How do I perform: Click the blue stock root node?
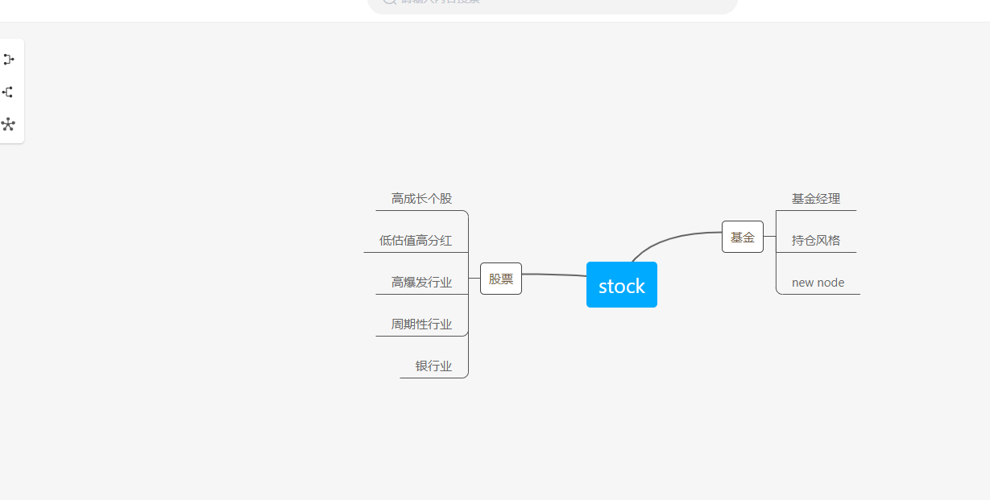click(x=621, y=285)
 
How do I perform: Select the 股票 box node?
click(x=500, y=279)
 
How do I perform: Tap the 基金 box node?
click(x=742, y=237)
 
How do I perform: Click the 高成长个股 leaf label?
click(x=421, y=199)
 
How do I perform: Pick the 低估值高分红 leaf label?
click(x=415, y=241)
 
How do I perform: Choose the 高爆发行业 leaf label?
click(x=421, y=283)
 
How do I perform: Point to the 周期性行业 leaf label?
click(x=421, y=324)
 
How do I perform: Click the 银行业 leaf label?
click(x=433, y=366)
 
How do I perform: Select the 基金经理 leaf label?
click(x=815, y=199)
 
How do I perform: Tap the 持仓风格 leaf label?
click(x=815, y=241)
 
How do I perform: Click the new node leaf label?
click(x=818, y=283)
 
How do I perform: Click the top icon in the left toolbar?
click(x=9, y=60)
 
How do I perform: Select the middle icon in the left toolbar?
click(x=9, y=92)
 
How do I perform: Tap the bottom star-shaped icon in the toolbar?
click(x=9, y=124)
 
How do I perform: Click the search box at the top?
click(x=553, y=4)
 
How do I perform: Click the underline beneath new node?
click(x=822, y=294)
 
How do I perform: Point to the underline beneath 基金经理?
click(x=818, y=210)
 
